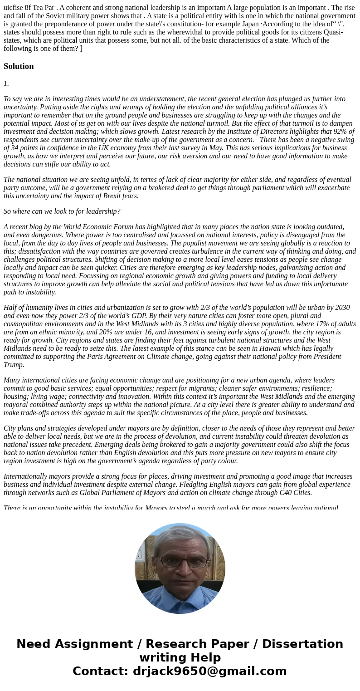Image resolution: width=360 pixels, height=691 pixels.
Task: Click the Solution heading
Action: click(19, 66)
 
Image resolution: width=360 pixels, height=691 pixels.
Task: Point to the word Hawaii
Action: click(267, 348)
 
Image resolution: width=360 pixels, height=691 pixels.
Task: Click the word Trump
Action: click(13, 365)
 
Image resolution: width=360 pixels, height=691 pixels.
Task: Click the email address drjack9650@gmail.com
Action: click(210, 671)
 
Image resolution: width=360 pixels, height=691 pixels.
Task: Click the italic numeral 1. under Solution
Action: click(6, 83)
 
